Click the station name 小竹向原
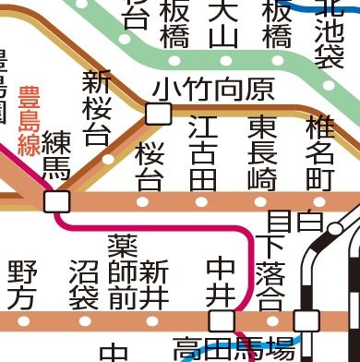pyautogui.click(x=214, y=90)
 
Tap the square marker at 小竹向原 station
pyautogui.click(x=160, y=114)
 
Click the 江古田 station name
pyautogui.click(x=203, y=152)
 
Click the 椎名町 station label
pyautogui.click(x=320, y=152)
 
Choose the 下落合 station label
pyautogui.click(x=270, y=272)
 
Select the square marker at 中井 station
pyautogui.click(x=222, y=320)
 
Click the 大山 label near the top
pyautogui.click(x=222, y=25)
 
